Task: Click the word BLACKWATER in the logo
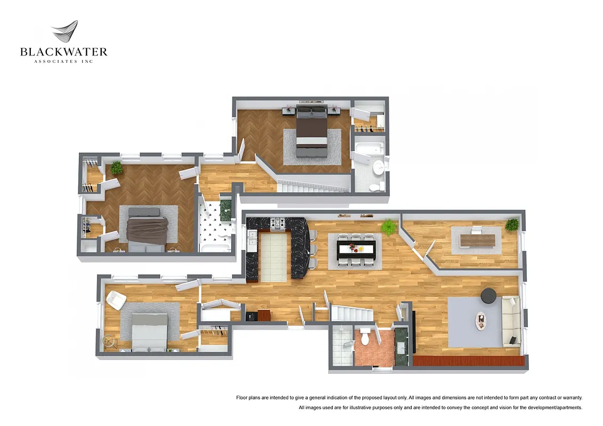tap(63, 52)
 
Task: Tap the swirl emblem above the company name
tap(65, 32)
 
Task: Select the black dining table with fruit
tap(356, 248)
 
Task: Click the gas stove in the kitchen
tap(279, 224)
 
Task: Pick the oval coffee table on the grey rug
tap(482, 321)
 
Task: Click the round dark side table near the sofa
tap(488, 295)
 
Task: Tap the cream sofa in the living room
tap(510, 322)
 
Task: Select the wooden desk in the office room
tap(477, 240)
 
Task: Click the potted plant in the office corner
tap(512, 224)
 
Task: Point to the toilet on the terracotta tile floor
tap(365, 337)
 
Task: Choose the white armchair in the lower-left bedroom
tap(116, 300)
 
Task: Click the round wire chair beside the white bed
tap(110, 340)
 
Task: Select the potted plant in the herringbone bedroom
tap(116, 168)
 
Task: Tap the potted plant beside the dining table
tap(389, 227)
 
